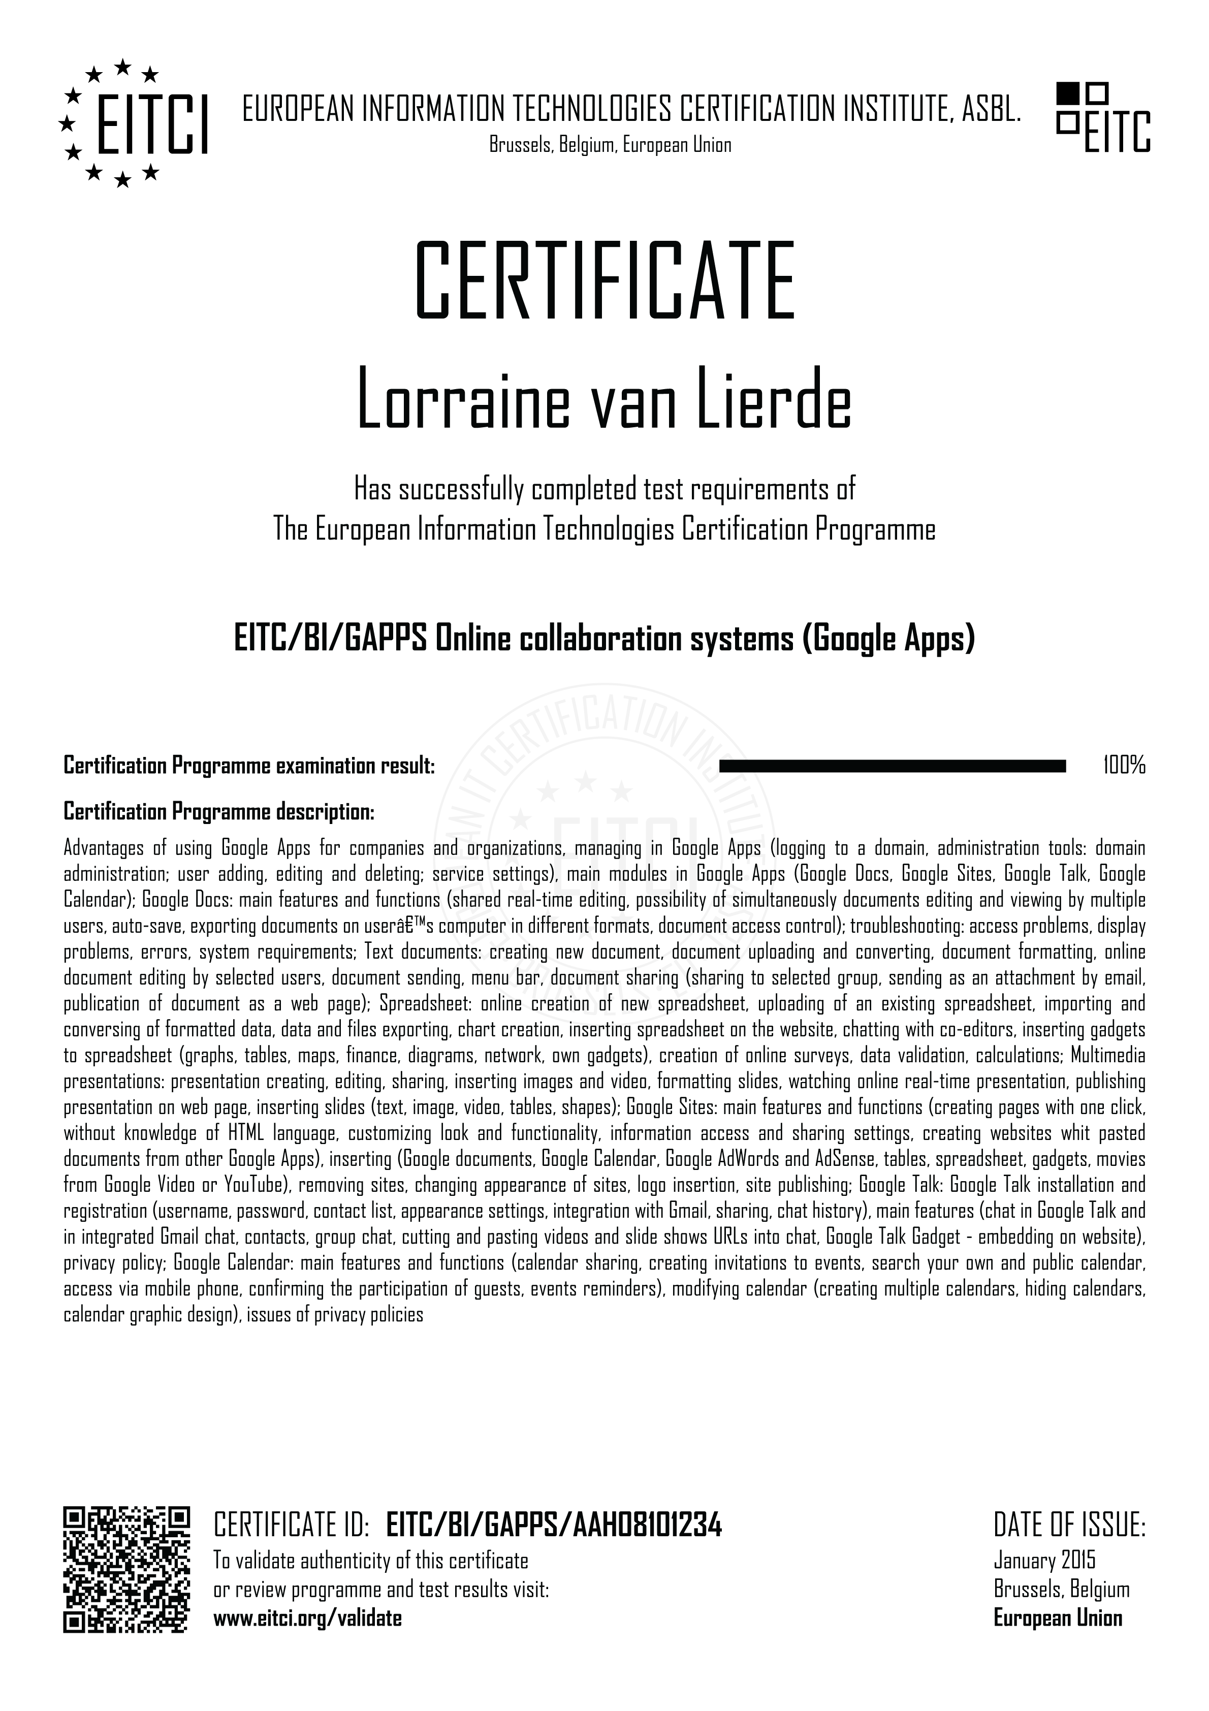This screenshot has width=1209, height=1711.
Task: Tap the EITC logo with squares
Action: (x=1103, y=118)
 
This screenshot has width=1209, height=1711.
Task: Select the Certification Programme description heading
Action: (x=219, y=811)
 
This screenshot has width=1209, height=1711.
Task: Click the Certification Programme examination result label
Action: (x=249, y=766)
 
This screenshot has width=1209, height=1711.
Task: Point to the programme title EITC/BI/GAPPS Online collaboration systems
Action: (x=604, y=639)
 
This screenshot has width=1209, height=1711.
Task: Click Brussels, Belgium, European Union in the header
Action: (x=610, y=145)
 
